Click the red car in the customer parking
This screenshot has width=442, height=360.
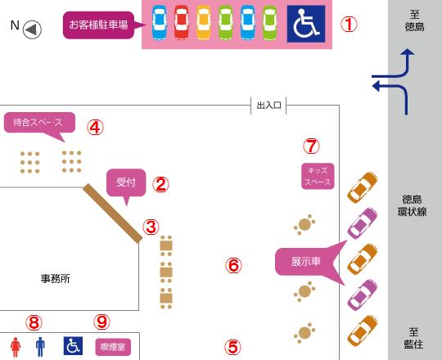[181, 23]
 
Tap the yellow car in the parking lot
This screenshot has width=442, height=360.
[204, 23]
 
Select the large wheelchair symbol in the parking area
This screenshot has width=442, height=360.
[306, 24]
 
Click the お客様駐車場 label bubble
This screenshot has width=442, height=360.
[98, 25]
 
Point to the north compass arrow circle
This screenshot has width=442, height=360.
[32, 29]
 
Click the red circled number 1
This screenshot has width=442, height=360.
[349, 25]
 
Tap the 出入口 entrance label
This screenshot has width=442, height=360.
[268, 106]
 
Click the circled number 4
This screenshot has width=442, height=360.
[95, 128]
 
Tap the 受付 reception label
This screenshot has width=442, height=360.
[126, 182]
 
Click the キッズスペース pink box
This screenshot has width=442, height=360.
[318, 176]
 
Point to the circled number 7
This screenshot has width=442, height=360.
[312, 146]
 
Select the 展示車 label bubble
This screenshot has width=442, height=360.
[306, 262]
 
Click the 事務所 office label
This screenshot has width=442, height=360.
[56, 279]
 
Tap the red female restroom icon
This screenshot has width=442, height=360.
[16, 347]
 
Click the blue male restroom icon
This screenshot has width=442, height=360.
[40, 347]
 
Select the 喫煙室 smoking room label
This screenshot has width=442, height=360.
[113, 347]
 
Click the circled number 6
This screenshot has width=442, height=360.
[233, 266]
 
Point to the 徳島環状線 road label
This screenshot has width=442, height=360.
[412, 205]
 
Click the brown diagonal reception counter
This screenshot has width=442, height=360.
[113, 214]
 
